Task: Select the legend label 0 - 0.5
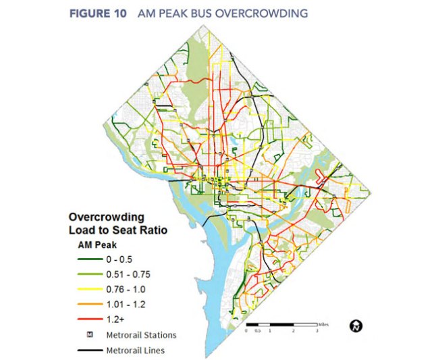[x=119, y=259]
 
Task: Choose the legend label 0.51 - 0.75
[x=126, y=274]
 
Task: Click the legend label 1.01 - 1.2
[x=124, y=305]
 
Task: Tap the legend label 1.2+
[x=115, y=320]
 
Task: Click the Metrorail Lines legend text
[x=135, y=351]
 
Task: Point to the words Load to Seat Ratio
[x=119, y=230]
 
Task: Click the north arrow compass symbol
[x=356, y=326]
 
